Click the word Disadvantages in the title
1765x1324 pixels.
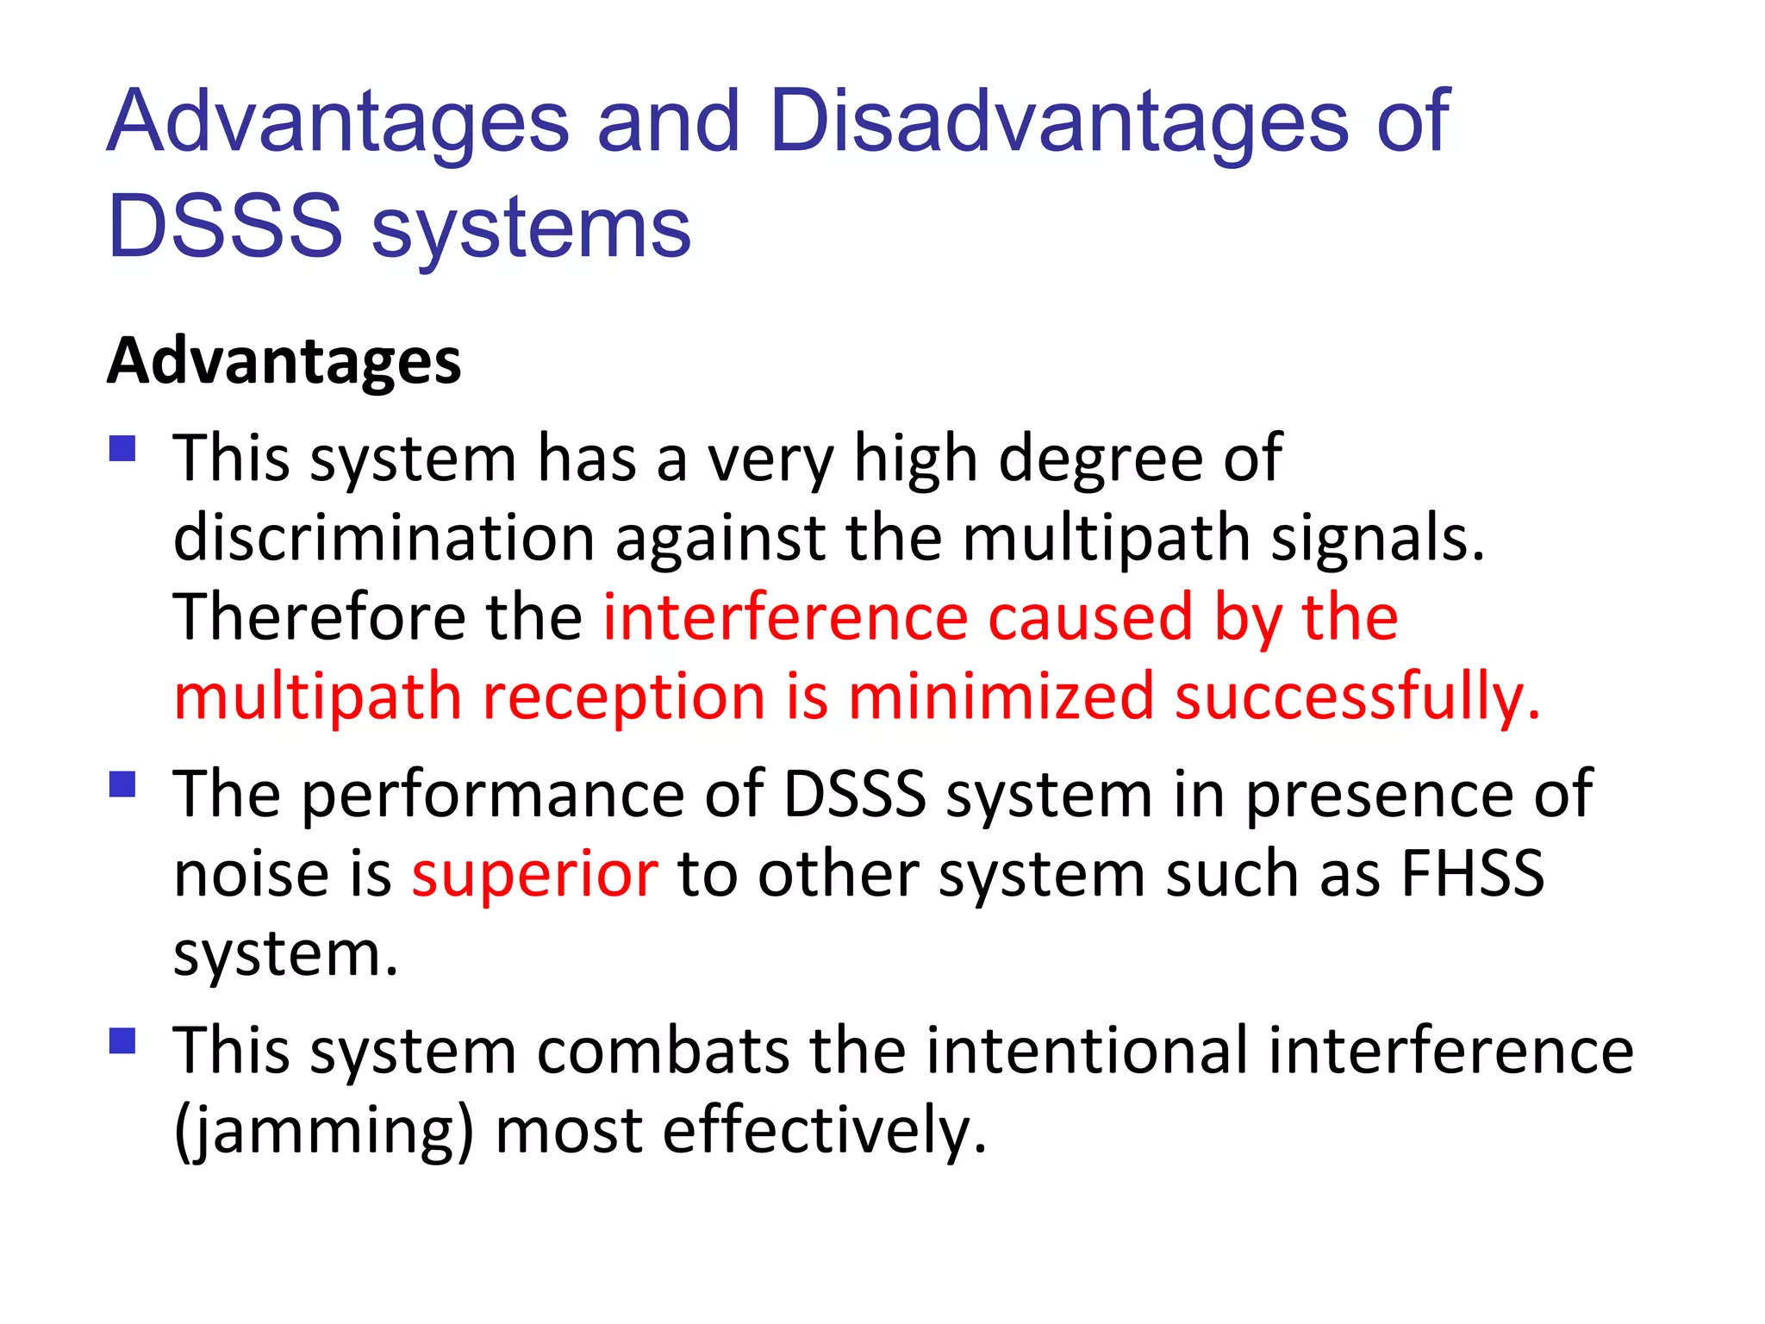click(x=1059, y=122)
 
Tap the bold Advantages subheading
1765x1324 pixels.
click(x=284, y=361)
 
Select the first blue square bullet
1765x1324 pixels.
click(x=123, y=449)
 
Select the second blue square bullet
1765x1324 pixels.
click(x=123, y=784)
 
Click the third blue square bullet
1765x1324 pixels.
click(x=123, y=1040)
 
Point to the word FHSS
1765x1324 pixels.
click(x=1472, y=873)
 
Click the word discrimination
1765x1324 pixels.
click(x=384, y=538)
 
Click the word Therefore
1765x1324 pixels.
click(x=319, y=617)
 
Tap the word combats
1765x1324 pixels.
click(x=663, y=1051)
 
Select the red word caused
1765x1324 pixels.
click(x=1089, y=617)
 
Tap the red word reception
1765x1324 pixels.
click(x=624, y=698)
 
